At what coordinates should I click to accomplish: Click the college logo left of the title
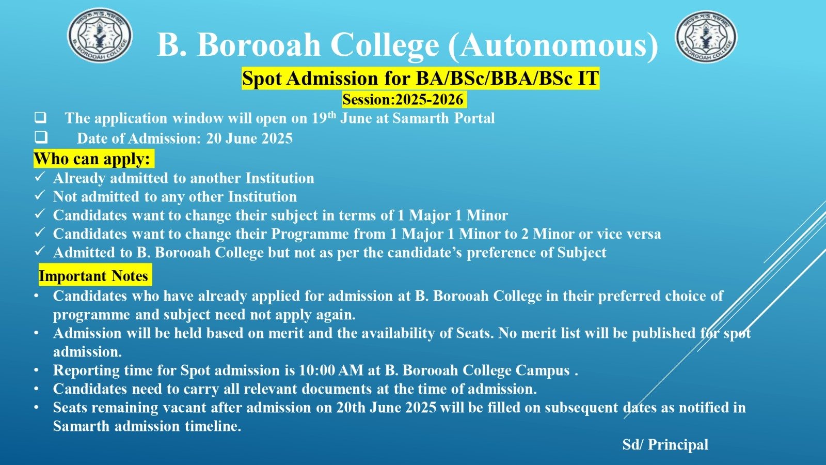pyautogui.click(x=100, y=35)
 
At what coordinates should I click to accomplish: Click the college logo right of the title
pyautogui.click(x=706, y=36)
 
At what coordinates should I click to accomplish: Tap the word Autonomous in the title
pyautogui.click(x=553, y=44)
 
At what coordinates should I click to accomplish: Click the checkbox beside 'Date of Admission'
pyautogui.click(x=41, y=137)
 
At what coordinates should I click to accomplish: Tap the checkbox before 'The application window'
pyautogui.click(x=41, y=118)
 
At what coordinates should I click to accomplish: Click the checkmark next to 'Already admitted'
pyautogui.click(x=39, y=177)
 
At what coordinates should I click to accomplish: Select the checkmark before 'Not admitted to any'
pyautogui.click(x=39, y=195)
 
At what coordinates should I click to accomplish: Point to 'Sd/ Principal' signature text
pyautogui.click(x=665, y=445)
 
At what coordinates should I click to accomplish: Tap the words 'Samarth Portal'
pyautogui.click(x=443, y=118)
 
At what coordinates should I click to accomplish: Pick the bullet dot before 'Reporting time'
pyautogui.click(x=36, y=370)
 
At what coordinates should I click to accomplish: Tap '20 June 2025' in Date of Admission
pyautogui.click(x=249, y=138)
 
